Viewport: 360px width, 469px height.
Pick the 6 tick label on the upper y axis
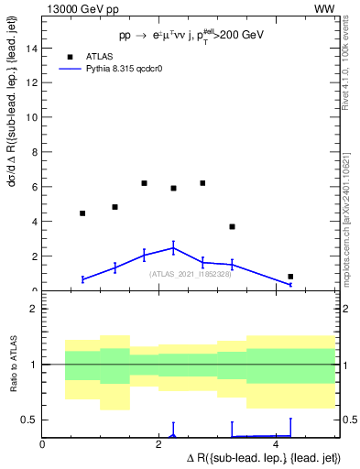35,188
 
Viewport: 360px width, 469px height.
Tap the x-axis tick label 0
42,444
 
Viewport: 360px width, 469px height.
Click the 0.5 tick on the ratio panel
29,420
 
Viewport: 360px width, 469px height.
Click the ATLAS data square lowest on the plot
290,277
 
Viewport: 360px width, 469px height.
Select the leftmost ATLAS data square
82,213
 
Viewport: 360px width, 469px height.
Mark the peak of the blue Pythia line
174,247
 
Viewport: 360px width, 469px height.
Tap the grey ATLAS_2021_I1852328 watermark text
189,274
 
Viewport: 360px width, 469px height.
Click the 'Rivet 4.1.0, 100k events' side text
350,64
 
